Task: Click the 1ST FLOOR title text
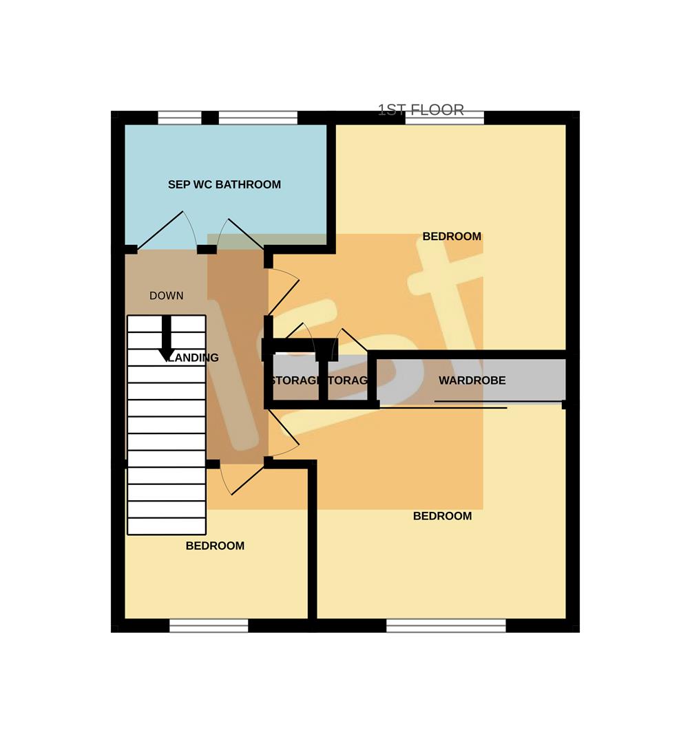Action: point(421,110)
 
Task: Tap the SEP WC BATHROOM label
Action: point(224,184)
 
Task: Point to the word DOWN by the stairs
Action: point(167,296)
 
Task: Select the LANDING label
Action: point(194,358)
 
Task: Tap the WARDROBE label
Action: point(472,380)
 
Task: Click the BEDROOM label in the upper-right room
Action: point(452,237)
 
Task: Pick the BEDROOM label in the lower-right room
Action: point(442,516)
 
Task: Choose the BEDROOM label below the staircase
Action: point(215,546)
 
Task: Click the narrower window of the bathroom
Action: point(180,118)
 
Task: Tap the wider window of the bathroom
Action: point(258,118)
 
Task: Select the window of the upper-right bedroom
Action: point(444,118)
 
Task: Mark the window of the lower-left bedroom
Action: point(209,625)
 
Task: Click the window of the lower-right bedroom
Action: point(446,625)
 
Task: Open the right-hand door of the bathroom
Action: point(241,234)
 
